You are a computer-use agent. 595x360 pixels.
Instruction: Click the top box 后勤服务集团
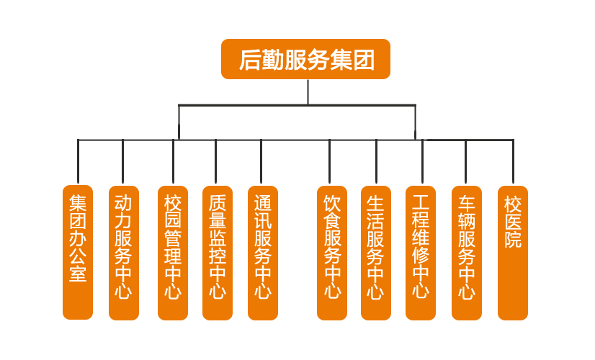pyautogui.click(x=305, y=59)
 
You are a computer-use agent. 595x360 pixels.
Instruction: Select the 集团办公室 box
pyautogui.click(x=78, y=252)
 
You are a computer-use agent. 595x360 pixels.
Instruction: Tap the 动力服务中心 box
pyautogui.click(x=123, y=252)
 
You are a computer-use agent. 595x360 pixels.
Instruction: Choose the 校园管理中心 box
pyautogui.click(x=173, y=252)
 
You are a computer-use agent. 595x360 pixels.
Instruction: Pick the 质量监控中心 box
pyautogui.click(x=218, y=252)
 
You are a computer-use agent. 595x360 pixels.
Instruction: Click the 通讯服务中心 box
pyautogui.click(x=262, y=252)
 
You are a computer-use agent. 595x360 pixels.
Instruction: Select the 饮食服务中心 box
pyautogui.click(x=331, y=252)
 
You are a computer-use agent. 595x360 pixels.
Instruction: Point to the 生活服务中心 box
pyautogui.click(x=376, y=252)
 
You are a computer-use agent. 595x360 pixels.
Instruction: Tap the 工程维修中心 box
pyautogui.click(x=421, y=252)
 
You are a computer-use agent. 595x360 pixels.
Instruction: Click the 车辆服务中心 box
pyautogui.click(x=466, y=252)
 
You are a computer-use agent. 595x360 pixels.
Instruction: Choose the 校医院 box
pyautogui.click(x=513, y=252)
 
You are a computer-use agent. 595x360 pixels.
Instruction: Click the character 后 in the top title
pyautogui.click(x=249, y=59)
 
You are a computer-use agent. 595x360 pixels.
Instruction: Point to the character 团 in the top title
pyautogui.click(x=364, y=59)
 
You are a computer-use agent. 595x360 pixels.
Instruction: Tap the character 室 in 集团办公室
pyautogui.click(x=78, y=274)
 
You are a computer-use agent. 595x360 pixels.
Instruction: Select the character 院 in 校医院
pyautogui.click(x=513, y=240)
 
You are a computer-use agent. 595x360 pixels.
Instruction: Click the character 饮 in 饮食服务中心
pyautogui.click(x=331, y=202)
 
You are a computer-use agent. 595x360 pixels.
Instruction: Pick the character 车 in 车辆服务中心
pyautogui.click(x=466, y=202)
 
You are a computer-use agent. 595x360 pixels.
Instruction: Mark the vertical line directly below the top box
pyautogui.click(x=308, y=91)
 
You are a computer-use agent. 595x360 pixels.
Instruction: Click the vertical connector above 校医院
pyautogui.click(x=513, y=162)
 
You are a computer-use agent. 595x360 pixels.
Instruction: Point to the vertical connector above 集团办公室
pyautogui.click(x=78, y=162)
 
